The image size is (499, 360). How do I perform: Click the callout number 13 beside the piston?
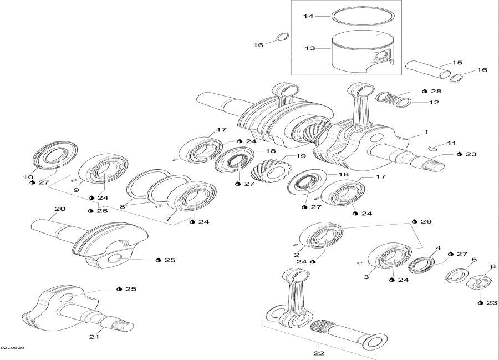pos(309,48)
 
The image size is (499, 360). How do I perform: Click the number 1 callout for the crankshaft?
pos(426,133)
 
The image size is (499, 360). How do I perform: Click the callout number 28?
pos(436,90)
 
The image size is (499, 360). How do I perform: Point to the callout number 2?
pos(297,256)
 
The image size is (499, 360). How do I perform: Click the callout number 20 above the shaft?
pos(59,209)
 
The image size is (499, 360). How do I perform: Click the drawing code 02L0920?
pos(12,348)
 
